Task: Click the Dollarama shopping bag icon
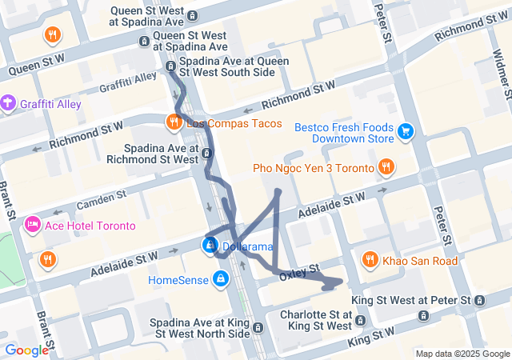click(x=210, y=246)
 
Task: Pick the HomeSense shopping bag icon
click(x=219, y=278)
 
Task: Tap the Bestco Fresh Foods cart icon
click(x=406, y=130)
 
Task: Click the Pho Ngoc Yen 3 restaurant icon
click(x=386, y=167)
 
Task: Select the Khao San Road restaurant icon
click(x=370, y=260)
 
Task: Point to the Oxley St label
click(x=305, y=269)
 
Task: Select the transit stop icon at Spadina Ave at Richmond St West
click(x=208, y=153)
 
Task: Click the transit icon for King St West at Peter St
click(x=478, y=300)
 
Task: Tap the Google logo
click(x=26, y=350)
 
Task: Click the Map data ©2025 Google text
click(x=462, y=354)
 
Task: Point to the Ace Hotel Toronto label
click(x=92, y=226)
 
